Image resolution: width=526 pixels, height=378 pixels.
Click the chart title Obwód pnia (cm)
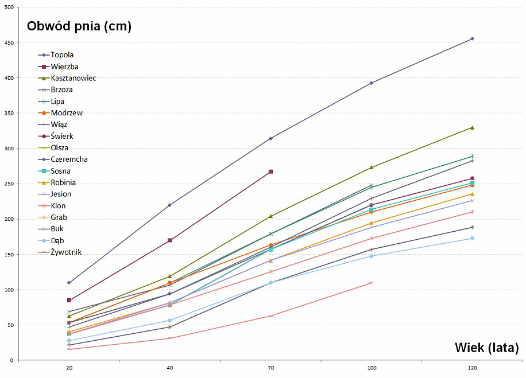click(x=79, y=26)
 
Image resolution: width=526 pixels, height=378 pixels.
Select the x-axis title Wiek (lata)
click(x=487, y=348)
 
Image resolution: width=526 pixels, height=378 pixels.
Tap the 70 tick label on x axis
click(x=270, y=368)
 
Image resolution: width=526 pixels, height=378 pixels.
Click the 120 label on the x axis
click(x=473, y=368)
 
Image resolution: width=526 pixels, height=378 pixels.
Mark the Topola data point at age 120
click(x=473, y=39)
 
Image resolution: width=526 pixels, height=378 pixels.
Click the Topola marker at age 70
click(x=270, y=138)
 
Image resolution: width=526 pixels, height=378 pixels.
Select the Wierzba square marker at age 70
click(x=270, y=172)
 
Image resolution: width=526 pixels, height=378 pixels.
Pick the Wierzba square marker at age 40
click(x=170, y=240)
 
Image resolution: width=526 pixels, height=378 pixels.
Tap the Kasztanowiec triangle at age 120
click(x=473, y=128)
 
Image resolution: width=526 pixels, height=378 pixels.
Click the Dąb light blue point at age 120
click(x=473, y=238)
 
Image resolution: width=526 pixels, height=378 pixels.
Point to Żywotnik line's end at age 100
click(x=372, y=282)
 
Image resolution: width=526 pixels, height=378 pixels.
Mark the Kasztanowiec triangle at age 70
click(x=270, y=216)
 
